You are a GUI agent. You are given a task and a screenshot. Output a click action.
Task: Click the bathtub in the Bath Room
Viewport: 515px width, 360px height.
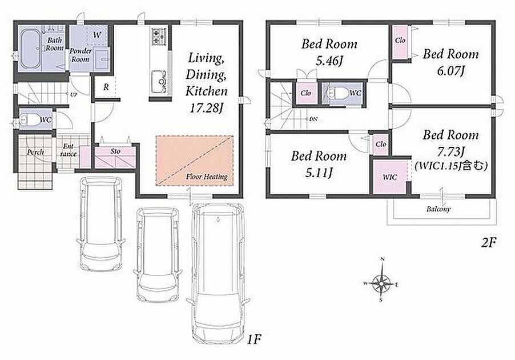[30, 49]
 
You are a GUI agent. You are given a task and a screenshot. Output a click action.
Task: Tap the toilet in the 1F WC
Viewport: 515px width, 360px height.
[29, 120]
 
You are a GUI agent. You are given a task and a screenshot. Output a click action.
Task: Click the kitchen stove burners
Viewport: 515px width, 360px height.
[159, 36]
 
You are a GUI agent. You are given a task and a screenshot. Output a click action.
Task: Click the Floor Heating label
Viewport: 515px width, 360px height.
[207, 177]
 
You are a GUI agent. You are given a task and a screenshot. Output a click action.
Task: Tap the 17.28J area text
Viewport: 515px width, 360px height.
[207, 108]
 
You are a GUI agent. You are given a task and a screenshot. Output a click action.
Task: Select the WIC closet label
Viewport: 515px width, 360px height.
[390, 177]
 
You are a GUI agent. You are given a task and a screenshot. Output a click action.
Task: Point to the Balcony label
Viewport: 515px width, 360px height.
[438, 209]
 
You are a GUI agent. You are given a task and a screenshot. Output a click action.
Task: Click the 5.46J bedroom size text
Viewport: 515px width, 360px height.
[329, 61]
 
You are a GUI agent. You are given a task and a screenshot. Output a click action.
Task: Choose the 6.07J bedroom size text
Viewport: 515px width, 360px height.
[450, 71]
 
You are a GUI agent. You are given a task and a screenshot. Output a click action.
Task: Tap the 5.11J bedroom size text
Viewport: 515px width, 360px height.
[319, 172]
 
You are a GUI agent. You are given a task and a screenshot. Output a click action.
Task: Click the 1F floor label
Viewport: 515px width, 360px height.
[254, 339]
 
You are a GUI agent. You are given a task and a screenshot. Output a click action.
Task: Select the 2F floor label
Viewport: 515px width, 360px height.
[488, 243]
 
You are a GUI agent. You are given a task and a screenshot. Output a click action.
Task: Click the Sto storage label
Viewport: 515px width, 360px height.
[115, 151]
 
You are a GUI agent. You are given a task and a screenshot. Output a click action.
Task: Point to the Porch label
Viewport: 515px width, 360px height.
[35, 152]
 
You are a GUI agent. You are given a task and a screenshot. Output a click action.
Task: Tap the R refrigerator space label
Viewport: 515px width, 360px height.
[106, 87]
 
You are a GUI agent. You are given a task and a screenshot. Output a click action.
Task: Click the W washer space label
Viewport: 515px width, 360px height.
[97, 34]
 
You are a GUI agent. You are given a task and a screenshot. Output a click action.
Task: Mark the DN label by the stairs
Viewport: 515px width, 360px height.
[313, 119]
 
